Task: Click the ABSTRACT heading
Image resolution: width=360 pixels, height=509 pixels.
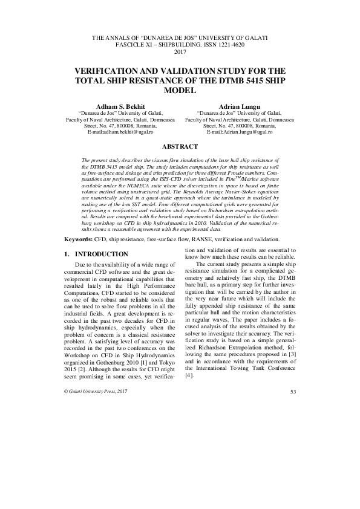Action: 180,147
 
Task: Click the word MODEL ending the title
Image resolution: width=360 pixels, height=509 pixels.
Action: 180,90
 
